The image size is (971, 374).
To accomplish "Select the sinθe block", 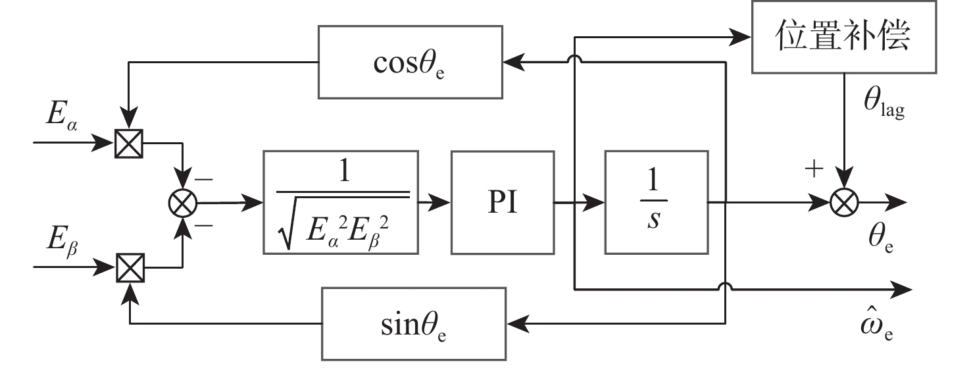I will (x=413, y=323).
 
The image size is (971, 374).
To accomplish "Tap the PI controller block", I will (x=502, y=203).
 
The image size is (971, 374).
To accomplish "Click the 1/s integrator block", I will (x=656, y=203).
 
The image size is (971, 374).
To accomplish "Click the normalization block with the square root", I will (x=340, y=203).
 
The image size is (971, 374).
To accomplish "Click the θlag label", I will (x=884, y=105).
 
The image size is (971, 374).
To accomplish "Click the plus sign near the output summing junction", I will (x=814, y=169).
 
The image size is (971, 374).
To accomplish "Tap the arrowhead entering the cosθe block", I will (x=512, y=63).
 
